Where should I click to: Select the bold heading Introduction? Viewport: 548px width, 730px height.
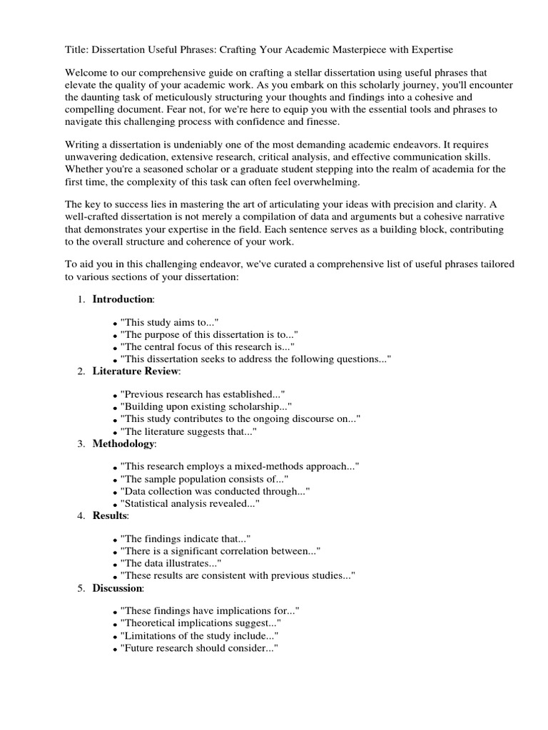tap(122, 299)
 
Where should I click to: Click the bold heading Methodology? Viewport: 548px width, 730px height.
tap(123, 443)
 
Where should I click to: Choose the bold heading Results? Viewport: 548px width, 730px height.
tap(110, 515)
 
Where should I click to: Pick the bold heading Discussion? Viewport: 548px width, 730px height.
tap(118, 588)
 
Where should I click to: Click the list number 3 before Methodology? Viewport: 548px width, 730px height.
tap(81, 443)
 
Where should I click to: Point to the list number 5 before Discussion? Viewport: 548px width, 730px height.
tap(81, 588)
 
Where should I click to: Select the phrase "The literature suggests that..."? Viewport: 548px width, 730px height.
tap(188, 431)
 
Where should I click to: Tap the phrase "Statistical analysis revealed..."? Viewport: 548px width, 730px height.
tap(190, 503)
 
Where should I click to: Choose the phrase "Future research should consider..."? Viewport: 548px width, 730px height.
tap(199, 648)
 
